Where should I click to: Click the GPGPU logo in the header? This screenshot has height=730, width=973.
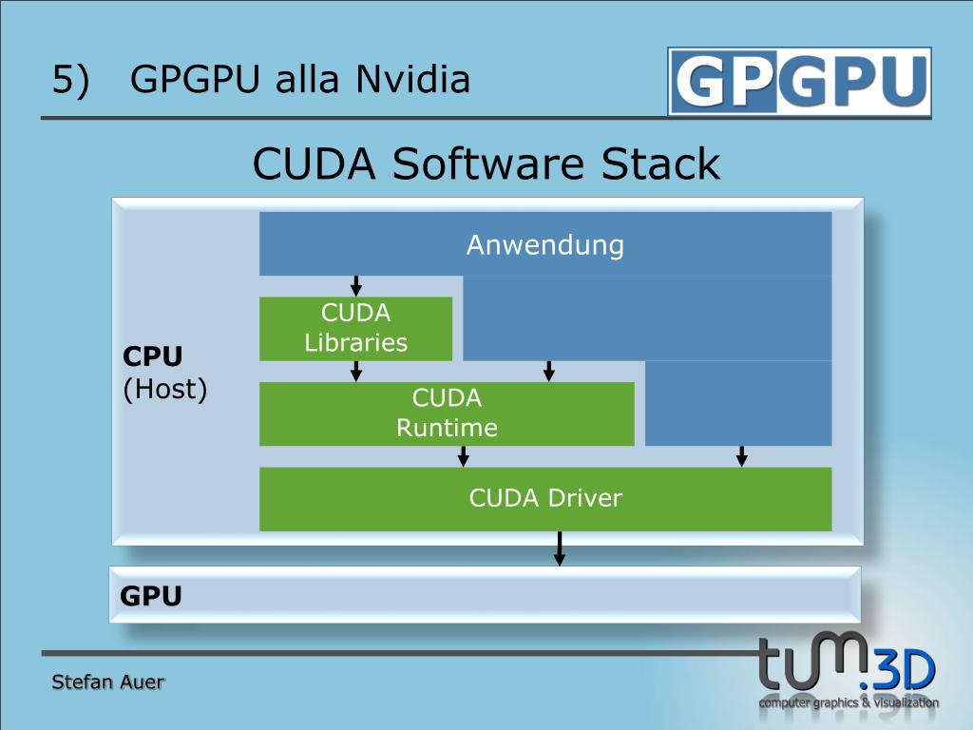pos(799,81)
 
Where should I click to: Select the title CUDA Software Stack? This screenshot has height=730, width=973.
pos(486,163)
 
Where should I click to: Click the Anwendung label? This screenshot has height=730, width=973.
pos(544,245)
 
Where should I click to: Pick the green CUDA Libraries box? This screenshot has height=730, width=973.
pos(355,328)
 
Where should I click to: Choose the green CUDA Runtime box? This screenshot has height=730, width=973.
pos(447,413)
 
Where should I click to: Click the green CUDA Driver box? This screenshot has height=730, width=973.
pos(545,498)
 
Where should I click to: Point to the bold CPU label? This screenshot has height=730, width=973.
pos(152,356)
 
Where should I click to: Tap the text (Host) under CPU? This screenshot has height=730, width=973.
pos(165,389)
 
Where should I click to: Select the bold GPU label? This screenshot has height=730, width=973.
pos(150,596)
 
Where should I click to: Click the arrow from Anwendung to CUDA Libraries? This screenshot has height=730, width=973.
pos(356,285)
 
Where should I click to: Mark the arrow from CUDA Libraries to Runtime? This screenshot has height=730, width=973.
pos(356,371)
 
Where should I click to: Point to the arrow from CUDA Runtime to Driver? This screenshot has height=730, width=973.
pos(464,456)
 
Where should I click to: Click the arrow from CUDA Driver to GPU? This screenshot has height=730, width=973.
pos(560,548)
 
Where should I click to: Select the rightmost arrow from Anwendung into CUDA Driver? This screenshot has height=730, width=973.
pos(742,456)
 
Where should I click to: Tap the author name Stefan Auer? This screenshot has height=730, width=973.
pos(107,682)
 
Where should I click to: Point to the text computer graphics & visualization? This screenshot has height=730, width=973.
pos(849,703)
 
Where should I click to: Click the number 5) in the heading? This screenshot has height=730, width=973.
pos(70,80)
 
